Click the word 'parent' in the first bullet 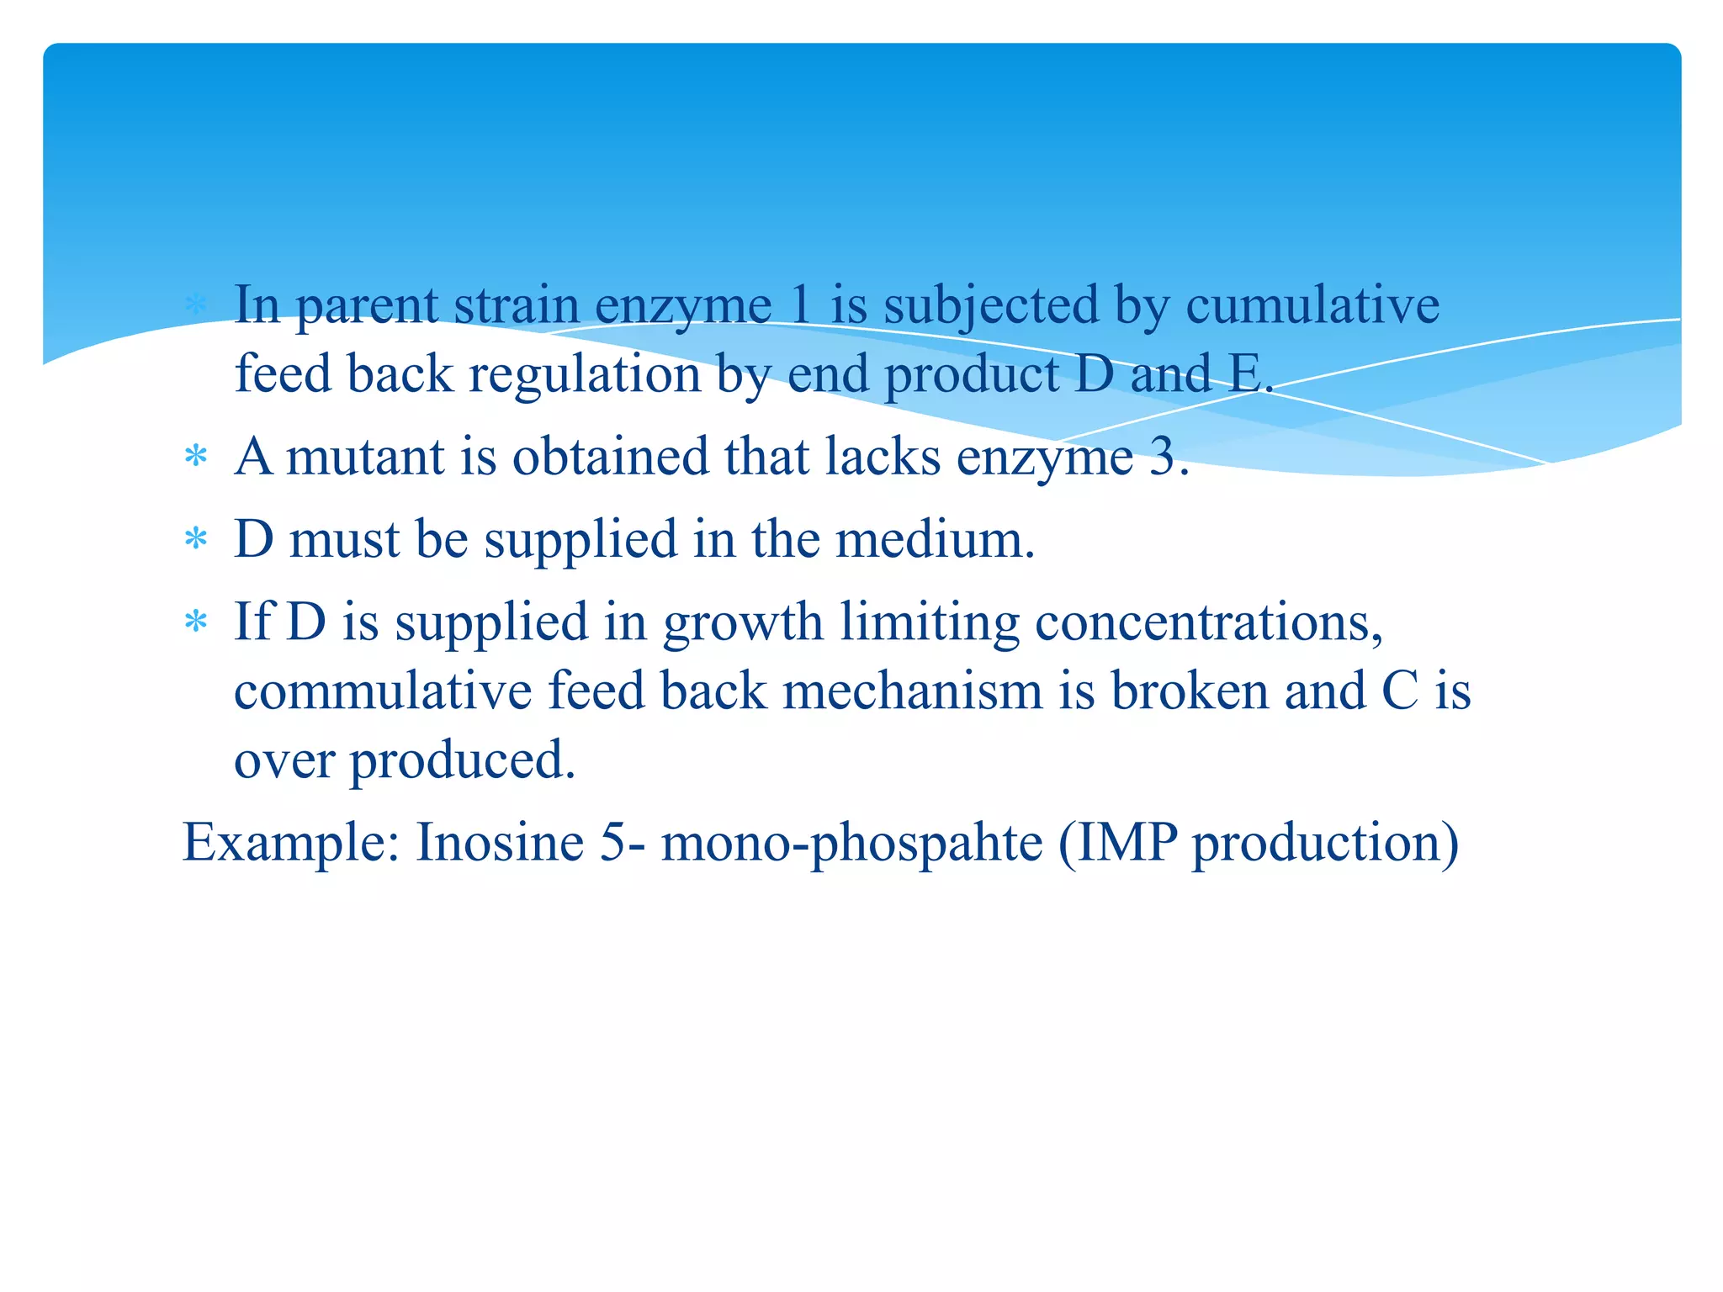click(x=367, y=307)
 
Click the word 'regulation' click(x=585, y=374)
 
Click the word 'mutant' click(x=365, y=458)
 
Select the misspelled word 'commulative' click(x=383, y=692)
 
